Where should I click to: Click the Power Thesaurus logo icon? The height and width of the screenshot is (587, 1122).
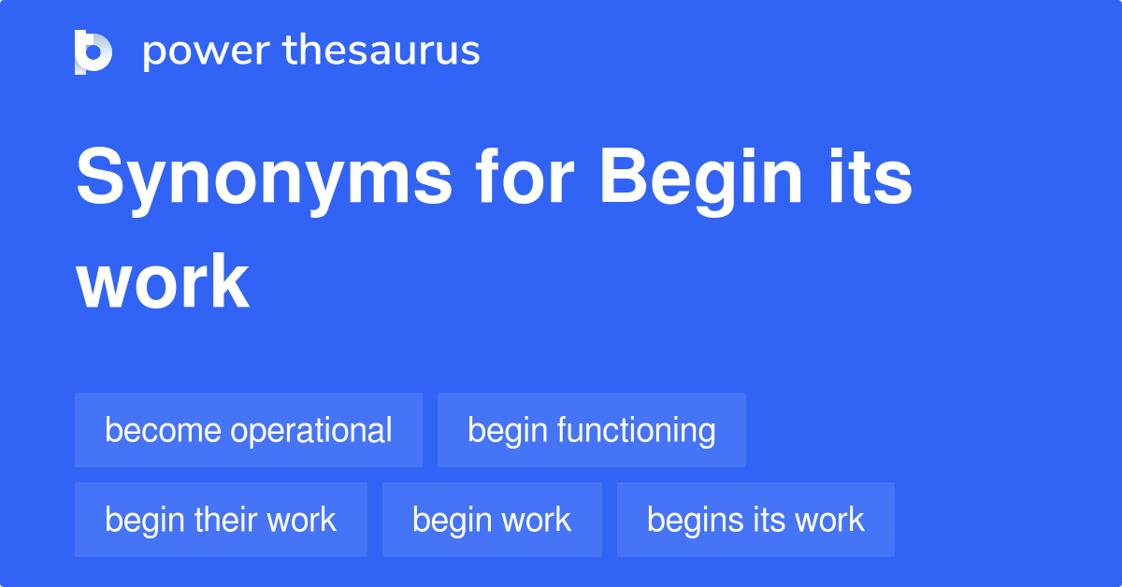pos(93,51)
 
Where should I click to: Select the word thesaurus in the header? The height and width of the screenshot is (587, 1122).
pos(381,51)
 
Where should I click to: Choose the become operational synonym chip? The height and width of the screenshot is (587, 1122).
pos(249,430)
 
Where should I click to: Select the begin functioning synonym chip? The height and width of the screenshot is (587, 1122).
pos(592,430)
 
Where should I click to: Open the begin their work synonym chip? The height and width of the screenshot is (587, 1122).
pos(221,520)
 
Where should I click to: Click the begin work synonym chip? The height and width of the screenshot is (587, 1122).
pos(492,520)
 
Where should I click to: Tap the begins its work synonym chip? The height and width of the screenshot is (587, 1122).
pos(755,520)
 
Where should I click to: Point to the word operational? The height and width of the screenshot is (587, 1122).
pos(311,431)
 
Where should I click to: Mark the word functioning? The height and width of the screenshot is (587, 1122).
pos(637,431)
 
